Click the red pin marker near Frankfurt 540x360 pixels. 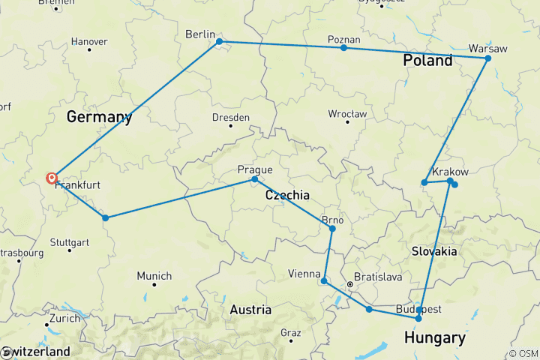tap(52, 178)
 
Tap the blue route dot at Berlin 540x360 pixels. tap(219, 42)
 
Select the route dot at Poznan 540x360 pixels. tap(343, 48)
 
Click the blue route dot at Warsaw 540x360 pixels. tap(487, 58)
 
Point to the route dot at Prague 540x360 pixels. tap(254, 179)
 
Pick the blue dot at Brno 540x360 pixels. tap(332, 228)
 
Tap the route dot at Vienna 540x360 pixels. tap(324, 281)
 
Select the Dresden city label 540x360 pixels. tap(231, 118)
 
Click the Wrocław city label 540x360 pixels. tap(347, 114)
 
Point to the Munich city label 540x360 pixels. tap(154, 276)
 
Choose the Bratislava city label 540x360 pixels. tap(378, 277)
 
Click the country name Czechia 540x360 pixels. tap(287, 195)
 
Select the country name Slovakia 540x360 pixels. tap(434, 251)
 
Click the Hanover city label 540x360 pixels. tap(88, 41)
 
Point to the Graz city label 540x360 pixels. tap(290, 332)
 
